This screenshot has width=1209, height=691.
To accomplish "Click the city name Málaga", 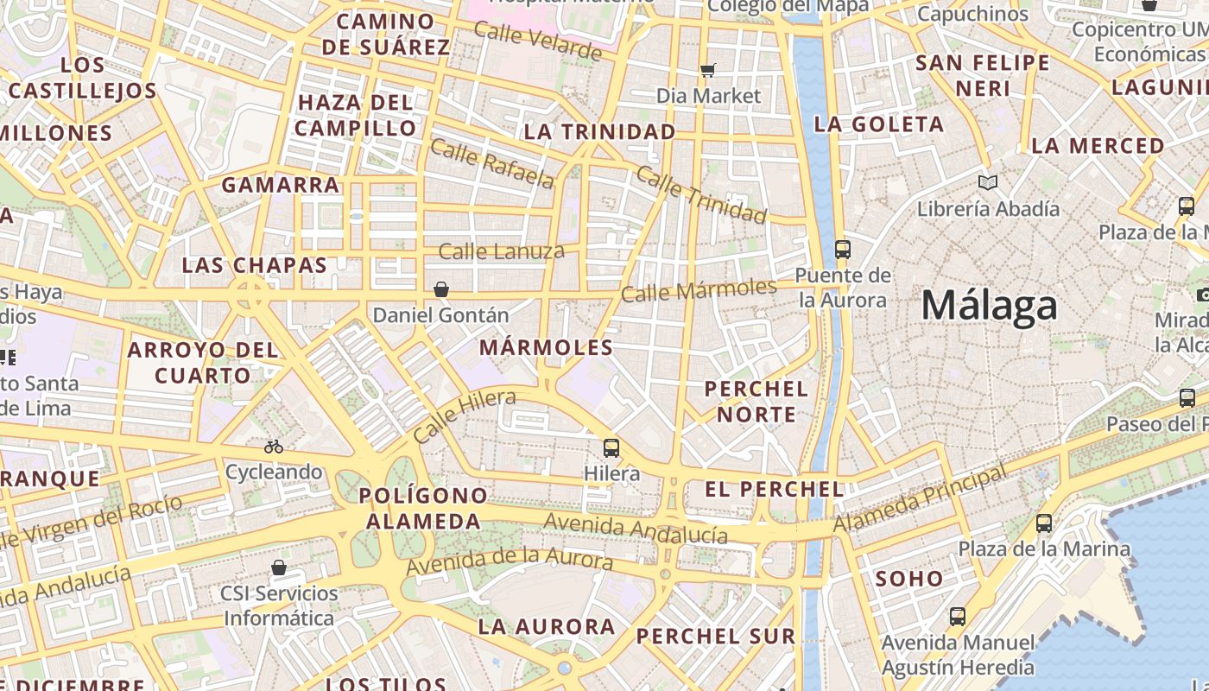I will pos(989,306).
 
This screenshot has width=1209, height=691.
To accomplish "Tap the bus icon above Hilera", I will pos(611,447).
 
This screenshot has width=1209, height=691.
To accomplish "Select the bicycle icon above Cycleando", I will pos(274,447).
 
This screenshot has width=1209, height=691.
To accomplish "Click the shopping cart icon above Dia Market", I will pos(708,70).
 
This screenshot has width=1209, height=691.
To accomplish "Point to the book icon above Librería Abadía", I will pos(988,182).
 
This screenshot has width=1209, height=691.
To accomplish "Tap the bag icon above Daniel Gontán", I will pos(441,288).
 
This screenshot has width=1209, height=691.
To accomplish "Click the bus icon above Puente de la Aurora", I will pos(842,250).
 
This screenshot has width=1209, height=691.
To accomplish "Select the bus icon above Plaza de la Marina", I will pos(1044,523).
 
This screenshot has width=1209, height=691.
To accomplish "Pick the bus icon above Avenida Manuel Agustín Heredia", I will pos(958,617).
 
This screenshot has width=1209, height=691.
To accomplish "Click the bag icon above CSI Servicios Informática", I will pos(278,567).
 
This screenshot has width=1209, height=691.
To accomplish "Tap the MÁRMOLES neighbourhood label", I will pos(546,347).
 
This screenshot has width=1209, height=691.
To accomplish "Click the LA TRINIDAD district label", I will pos(599,131).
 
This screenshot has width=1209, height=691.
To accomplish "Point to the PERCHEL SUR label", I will pos(715,637).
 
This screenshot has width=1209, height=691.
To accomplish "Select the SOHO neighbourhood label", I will pos(909,579).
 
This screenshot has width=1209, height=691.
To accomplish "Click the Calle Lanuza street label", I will pos(501,252).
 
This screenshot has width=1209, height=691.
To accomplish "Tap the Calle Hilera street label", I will pos(464,416).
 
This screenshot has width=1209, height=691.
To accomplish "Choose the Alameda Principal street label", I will pos(920,500).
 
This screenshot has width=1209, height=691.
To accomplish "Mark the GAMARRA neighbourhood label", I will pos(281,185).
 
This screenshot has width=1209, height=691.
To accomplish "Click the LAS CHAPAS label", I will pos(255,265).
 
